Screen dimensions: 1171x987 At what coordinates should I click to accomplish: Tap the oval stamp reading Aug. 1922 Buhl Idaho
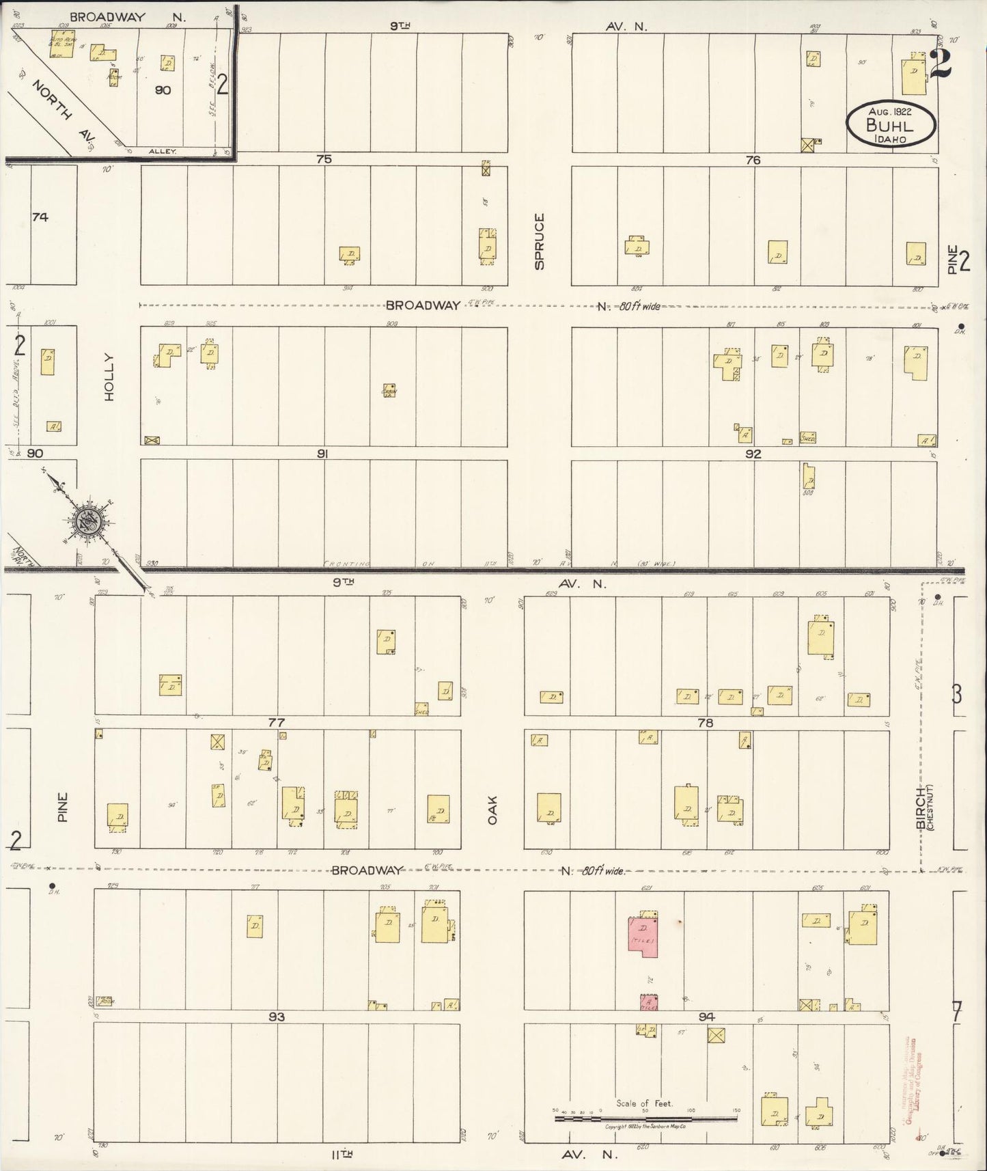click(x=890, y=124)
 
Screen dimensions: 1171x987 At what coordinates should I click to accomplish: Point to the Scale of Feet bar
click(x=646, y=1118)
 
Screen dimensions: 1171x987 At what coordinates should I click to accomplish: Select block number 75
click(x=324, y=159)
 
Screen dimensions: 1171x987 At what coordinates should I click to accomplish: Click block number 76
click(x=753, y=160)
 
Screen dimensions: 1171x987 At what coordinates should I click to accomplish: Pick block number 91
click(x=323, y=453)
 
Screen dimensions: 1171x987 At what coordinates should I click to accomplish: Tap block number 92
click(x=753, y=454)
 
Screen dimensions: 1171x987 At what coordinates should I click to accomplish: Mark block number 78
click(x=706, y=722)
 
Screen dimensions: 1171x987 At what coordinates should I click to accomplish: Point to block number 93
click(x=276, y=1017)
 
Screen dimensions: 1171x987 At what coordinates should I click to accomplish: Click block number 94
click(x=706, y=1017)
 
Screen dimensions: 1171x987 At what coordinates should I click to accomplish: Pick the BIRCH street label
click(x=921, y=808)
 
